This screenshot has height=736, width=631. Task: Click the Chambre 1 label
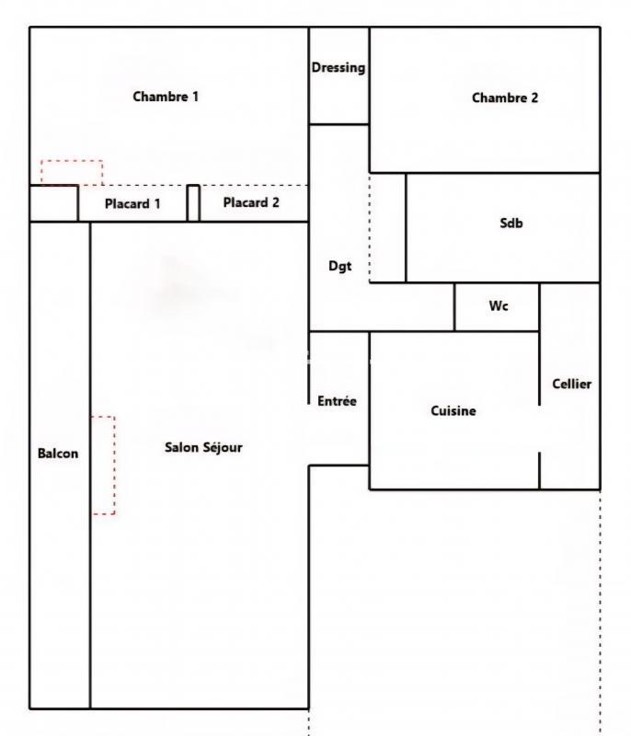coord(166,96)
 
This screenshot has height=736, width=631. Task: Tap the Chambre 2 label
coord(504,98)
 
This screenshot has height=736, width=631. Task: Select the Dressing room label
coord(338,67)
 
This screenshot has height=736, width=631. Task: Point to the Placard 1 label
coord(132,203)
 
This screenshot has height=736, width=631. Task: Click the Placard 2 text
coord(251,202)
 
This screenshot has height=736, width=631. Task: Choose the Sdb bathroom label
coord(511,223)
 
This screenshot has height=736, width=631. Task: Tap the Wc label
coord(498,306)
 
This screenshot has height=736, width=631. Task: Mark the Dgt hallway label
coord(339,267)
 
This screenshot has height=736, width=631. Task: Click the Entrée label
coord(337,401)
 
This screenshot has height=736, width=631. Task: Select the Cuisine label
coord(453,410)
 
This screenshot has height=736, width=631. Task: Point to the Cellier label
coord(571,384)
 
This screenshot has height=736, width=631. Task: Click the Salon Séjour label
coord(203,447)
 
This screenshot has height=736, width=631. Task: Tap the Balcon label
coord(58,453)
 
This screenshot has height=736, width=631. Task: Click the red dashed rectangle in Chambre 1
coord(72,172)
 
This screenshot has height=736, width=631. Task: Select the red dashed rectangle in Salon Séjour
coord(103,465)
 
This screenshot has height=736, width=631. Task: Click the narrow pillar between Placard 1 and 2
coord(193,203)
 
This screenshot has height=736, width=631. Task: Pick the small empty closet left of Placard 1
coord(53,203)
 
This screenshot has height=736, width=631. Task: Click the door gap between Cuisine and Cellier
coord(539,429)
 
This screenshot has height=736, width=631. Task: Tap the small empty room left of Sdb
coord(387,227)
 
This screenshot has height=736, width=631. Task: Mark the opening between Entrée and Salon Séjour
coord(308,435)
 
